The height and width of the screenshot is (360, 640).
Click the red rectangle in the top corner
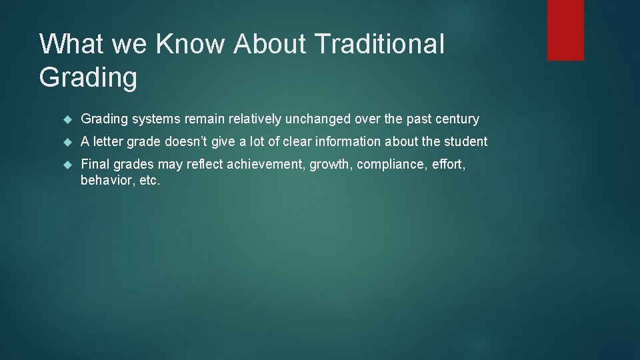coord(565,30)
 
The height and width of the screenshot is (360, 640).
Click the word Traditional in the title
coord(379,44)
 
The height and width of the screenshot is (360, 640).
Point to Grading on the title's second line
coord(88,77)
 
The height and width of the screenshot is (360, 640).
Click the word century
coord(456,119)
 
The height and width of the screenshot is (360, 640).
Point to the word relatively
coord(255,119)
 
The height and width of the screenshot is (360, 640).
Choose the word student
coord(466,142)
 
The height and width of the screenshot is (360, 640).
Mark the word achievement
coord(265,165)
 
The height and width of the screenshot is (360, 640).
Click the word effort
coord(448,165)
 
